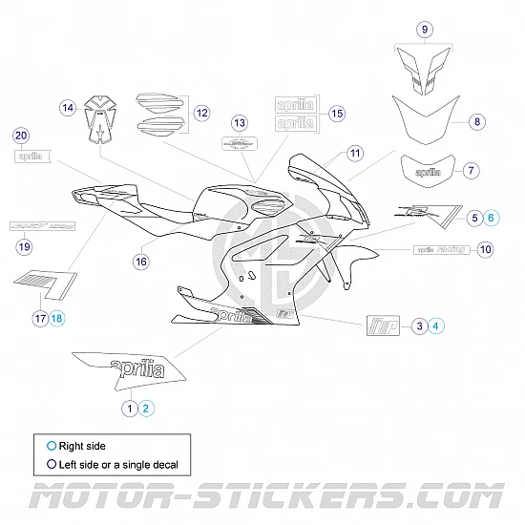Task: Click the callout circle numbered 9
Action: [x=425, y=30]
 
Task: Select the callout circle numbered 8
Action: [x=478, y=121]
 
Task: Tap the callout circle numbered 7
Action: [x=470, y=171]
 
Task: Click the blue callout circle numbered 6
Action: [x=492, y=219]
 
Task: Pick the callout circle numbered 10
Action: [x=485, y=249]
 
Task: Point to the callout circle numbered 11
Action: [x=355, y=153]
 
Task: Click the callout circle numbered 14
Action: [x=68, y=108]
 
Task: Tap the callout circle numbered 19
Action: [x=25, y=247]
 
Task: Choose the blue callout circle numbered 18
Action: [x=57, y=318]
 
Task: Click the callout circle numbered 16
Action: [x=141, y=259]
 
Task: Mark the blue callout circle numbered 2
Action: [x=146, y=408]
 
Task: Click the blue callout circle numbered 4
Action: [x=436, y=326]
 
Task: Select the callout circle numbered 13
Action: [x=240, y=122]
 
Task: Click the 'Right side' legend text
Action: [x=82, y=446]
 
